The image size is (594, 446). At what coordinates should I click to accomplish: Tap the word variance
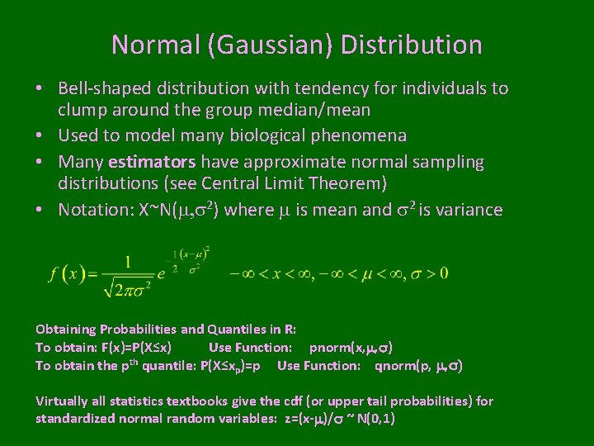[470, 210]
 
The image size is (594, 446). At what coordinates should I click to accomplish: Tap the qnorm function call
[418, 365]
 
